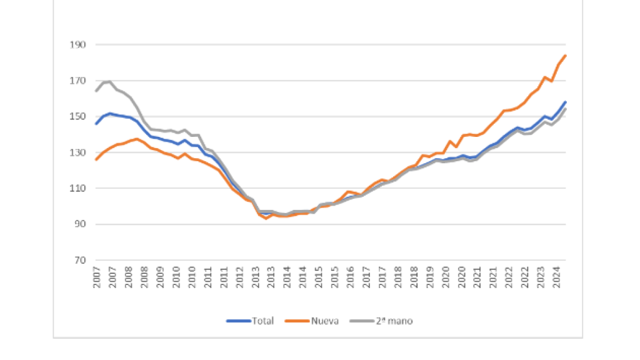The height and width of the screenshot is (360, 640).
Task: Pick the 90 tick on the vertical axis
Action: coord(80,224)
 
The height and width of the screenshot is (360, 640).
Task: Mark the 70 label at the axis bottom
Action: coord(80,260)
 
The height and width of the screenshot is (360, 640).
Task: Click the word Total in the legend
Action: coord(262,321)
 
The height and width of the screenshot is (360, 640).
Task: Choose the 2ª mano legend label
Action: coord(394,321)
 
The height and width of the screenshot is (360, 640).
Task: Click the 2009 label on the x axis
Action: coord(161,278)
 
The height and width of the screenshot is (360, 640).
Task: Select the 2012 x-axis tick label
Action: coord(240,278)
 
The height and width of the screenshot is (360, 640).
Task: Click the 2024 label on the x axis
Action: coord(556,278)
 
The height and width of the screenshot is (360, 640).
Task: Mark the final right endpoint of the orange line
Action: coord(565,56)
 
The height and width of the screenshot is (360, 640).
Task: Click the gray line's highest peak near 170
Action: coord(109,81)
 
